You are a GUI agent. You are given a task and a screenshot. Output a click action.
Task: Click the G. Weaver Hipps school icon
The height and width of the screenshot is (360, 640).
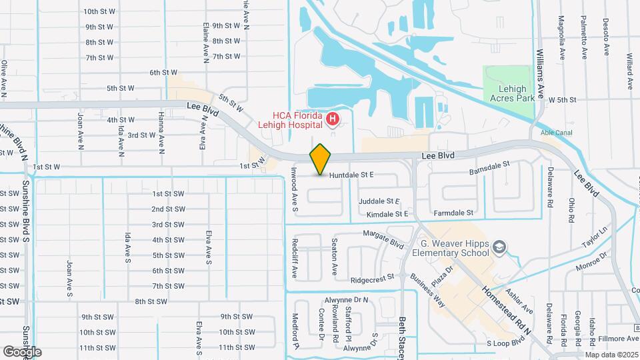499,248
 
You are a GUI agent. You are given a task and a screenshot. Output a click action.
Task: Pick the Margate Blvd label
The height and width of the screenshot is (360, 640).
383,238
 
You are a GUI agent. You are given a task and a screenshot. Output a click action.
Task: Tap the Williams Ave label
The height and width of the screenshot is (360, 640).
541,73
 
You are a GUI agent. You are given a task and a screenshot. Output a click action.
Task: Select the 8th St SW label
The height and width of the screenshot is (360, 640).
150,301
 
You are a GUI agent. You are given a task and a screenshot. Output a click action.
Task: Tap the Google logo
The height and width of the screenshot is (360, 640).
22,351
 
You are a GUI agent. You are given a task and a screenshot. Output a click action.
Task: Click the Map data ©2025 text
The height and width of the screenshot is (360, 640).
611,354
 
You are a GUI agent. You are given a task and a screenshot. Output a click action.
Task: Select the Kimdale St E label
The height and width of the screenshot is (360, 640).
387,214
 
